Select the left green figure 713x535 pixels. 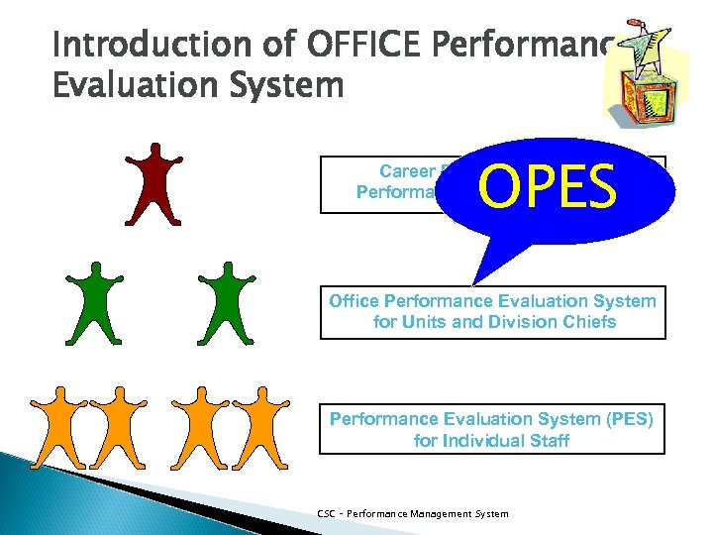96,302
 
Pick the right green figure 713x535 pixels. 227,302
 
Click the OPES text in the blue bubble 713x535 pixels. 547,188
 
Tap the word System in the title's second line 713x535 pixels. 287,86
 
